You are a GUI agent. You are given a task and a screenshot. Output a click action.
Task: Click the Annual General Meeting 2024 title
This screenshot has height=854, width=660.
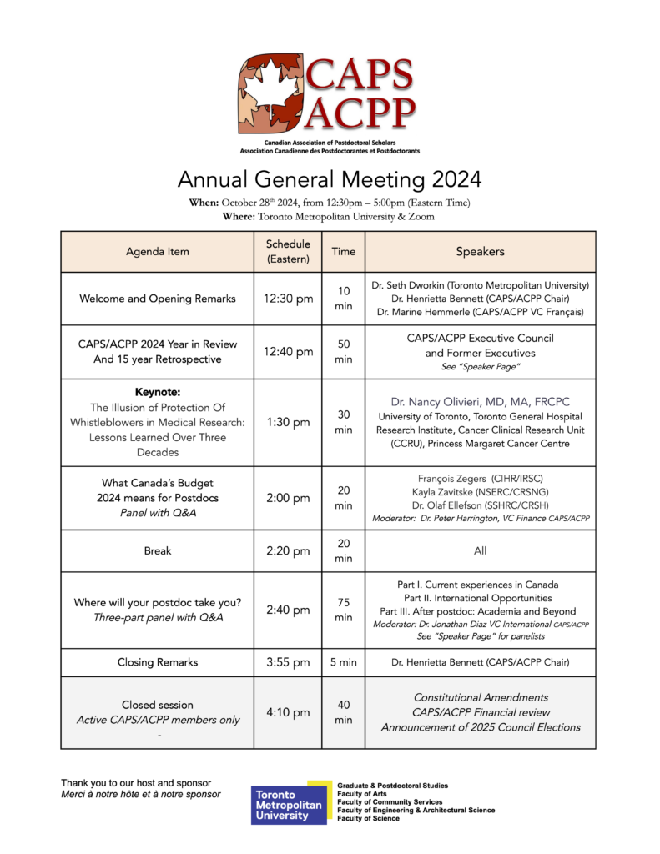pos(330,179)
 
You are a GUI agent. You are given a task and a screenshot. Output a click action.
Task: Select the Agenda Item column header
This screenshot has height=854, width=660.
pos(158,251)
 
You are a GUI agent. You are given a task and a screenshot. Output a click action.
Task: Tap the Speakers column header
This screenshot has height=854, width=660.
pos(480,251)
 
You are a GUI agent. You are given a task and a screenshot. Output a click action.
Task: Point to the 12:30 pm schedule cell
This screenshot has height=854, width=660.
pos(288,299)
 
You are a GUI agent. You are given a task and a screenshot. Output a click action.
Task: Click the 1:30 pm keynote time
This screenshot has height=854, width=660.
pos(288,422)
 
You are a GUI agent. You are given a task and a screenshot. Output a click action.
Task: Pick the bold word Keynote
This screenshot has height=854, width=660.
pos(158,392)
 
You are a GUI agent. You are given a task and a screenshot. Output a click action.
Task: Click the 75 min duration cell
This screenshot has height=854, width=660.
pos(343,610)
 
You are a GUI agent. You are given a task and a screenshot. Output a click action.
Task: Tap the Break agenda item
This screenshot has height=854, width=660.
pos(158,551)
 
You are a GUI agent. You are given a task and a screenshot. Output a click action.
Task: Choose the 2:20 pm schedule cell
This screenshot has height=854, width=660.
pos(288,551)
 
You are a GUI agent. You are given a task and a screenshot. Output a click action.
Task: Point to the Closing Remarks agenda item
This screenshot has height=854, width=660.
pos(158,662)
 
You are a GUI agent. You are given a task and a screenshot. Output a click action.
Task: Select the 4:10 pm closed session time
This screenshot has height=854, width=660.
pos(288,712)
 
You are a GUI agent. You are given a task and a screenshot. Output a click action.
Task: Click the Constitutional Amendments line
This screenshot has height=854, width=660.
pos(480,696)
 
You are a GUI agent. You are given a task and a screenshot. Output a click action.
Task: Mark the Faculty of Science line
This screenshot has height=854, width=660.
pos(368,819)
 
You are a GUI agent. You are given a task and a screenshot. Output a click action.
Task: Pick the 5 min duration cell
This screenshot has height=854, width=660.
pos(343,662)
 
